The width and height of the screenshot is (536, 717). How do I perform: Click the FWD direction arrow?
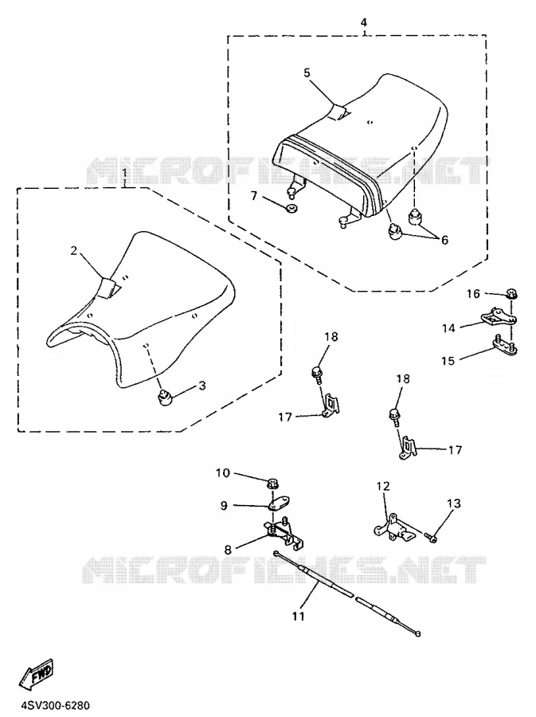pyautogui.click(x=37, y=675)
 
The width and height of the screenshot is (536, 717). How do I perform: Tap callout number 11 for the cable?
pyautogui.click(x=298, y=617)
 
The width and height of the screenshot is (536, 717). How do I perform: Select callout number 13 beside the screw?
pyautogui.click(x=454, y=503)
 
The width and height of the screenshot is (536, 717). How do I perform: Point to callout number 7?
pyautogui.click(x=254, y=196)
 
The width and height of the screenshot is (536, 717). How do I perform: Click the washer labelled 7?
pyautogui.click(x=291, y=209)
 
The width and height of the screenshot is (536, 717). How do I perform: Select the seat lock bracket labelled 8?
pyautogui.click(x=284, y=533)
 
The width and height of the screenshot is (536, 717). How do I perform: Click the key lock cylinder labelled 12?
pyautogui.click(x=392, y=529)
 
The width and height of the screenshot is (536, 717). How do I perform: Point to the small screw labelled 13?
pyautogui.click(x=431, y=537)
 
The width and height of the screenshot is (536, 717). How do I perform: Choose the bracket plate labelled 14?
pyautogui.click(x=498, y=316)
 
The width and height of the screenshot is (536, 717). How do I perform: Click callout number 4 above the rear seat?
pyautogui.click(x=364, y=22)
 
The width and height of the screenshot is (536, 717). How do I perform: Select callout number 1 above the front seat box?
pyautogui.click(x=124, y=172)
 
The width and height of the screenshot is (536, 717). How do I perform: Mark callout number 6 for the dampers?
pyautogui.click(x=444, y=240)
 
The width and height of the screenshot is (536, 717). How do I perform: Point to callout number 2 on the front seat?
pyautogui.click(x=73, y=250)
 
